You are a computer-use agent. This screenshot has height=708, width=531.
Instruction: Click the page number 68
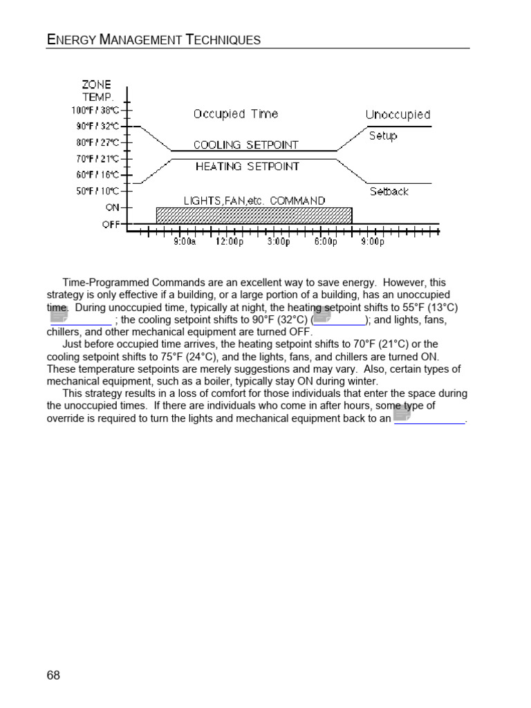click(x=53, y=676)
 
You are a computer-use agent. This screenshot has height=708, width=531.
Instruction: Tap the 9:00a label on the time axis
click(x=184, y=242)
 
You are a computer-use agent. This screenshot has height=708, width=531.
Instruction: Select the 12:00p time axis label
click(x=230, y=242)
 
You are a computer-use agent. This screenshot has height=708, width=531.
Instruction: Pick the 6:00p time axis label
click(x=325, y=242)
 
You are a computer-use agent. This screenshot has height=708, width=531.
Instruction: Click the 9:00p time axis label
click(x=372, y=242)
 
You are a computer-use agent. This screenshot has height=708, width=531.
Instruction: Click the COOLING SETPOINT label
click(x=246, y=145)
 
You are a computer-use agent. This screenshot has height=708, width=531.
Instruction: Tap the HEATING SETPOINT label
click(x=248, y=167)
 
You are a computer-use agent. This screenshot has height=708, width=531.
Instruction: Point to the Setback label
click(x=389, y=192)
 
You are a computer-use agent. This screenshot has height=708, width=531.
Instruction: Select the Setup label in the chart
click(x=383, y=136)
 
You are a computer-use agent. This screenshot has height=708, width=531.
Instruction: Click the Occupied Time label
click(x=236, y=114)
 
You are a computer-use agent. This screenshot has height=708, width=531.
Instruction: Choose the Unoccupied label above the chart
click(x=398, y=115)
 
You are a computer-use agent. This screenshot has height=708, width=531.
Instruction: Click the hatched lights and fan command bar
click(x=254, y=215)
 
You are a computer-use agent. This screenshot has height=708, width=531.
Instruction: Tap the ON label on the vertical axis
click(x=112, y=207)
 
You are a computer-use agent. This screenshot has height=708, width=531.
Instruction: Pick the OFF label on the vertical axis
click(x=111, y=224)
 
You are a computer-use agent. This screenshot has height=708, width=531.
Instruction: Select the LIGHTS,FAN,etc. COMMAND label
click(x=254, y=201)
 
